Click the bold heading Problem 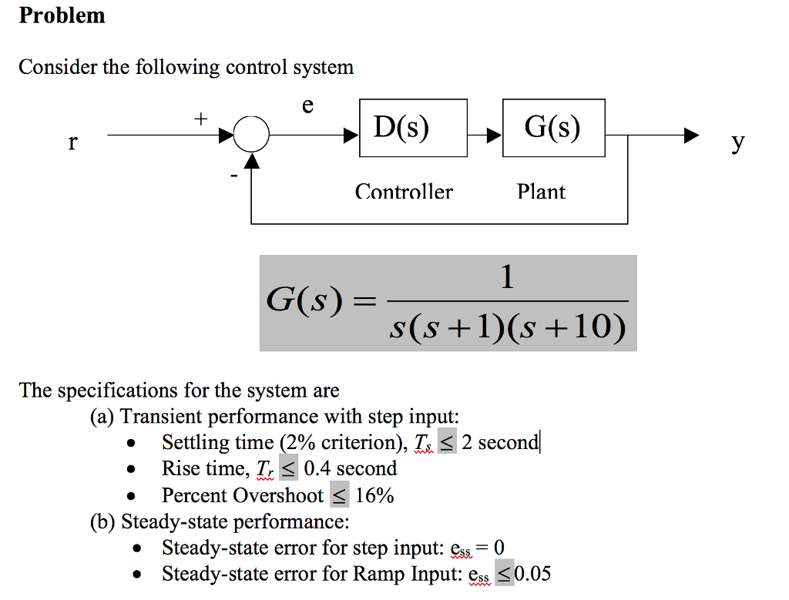pyautogui.click(x=62, y=15)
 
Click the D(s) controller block pyautogui.click(x=412, y=128)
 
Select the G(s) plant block pyautogui.click(x=552, y=128)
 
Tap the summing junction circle pyautogui.click(x=251, y=137)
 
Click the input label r pyautogui.click(x=72, y=142)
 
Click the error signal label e pyautogui.click(x=307, y=105)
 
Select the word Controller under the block pyautogui.click(x=404, y=192)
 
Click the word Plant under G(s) pyautogui.click(x=541, y=192)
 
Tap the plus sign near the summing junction pyautogui.click(x=200, y=119)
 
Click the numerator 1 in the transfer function pyautogui.click(x=506, y=277)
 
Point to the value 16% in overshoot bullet pyautogui.click(x=374, y=495)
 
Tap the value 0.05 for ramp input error pyautogui.click(x=533, y=574)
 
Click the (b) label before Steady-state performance pyautogui.click(x=102, y=522)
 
